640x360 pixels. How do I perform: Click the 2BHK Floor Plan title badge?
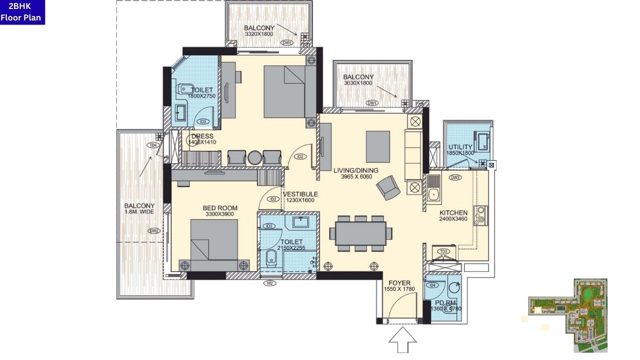22,12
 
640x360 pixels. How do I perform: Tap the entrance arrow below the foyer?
403,341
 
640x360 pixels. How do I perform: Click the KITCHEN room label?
453,213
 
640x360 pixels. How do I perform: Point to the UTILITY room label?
460,147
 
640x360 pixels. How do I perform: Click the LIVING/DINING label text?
356,170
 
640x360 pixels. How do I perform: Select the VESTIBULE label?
300,194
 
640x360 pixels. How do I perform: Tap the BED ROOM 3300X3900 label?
220,208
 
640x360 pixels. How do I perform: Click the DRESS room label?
202,136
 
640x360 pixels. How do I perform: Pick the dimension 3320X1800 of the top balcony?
259,34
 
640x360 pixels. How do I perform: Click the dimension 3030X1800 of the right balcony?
358,83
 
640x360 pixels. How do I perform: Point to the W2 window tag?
270,283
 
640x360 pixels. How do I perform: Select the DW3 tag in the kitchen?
455,177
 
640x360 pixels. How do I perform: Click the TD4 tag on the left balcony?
153,145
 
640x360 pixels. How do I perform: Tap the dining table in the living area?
360,233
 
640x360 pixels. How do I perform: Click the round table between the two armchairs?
254,157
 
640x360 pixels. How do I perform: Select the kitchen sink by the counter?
433,194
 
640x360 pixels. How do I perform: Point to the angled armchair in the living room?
388,188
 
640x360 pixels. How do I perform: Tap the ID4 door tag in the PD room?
433,285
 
